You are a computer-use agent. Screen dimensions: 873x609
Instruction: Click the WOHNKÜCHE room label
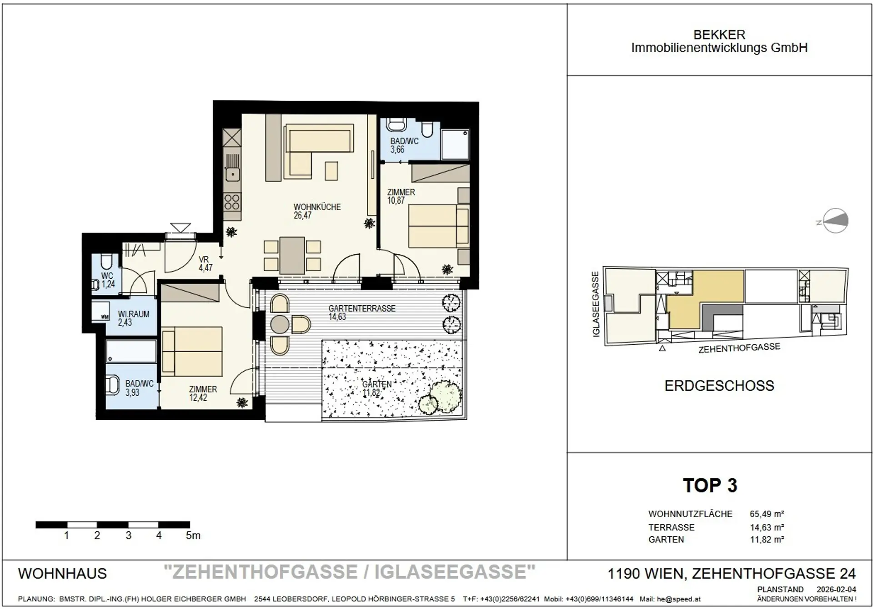(317, 207)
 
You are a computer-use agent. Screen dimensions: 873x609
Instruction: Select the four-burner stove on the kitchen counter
(232, 202)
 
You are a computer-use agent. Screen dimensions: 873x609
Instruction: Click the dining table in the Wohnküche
(292, 255)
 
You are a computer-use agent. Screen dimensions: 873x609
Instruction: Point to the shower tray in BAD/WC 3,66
(455, 144)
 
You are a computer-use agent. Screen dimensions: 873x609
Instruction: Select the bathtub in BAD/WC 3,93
(131, 351)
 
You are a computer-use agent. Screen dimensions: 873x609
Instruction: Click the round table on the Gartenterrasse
(280, 324)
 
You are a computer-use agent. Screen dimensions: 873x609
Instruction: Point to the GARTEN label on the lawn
(377, 384)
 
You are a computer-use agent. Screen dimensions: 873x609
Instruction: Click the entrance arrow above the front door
(181, 227)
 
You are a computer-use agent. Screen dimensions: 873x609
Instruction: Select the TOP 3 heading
(710, 486)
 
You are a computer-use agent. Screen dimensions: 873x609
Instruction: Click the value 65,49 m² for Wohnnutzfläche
(767, 514)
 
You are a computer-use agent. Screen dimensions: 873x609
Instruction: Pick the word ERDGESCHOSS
(719, 386)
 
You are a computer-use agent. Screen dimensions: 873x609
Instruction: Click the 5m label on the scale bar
(193, 535)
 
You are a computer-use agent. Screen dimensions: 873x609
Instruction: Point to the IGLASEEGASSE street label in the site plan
(596, 304)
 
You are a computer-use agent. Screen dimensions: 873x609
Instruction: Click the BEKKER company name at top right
(719, 35)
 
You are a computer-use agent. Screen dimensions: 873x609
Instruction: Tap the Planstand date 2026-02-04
(836, 589)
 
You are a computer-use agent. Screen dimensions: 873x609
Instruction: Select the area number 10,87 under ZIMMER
(396, 201)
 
